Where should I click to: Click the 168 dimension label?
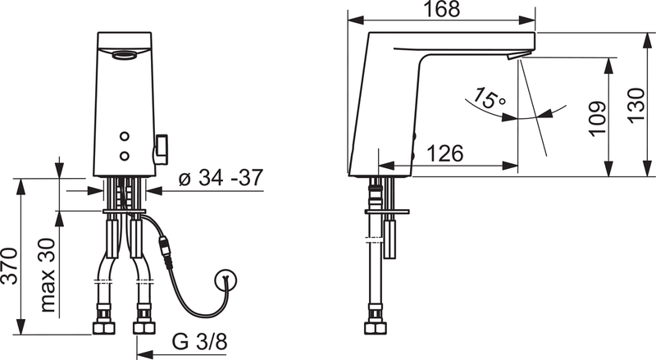point(442,9)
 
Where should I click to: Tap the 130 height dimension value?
point(636,105)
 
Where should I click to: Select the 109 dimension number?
point(598,118)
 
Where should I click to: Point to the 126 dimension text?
point(445,153)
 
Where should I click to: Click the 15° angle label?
point(489,98)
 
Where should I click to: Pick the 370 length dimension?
point(9,267)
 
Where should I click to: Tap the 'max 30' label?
point(48,275)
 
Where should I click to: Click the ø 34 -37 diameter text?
point(221,177)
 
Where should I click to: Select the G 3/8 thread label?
point(200,342)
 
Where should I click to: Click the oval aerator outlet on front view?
point(125,54)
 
